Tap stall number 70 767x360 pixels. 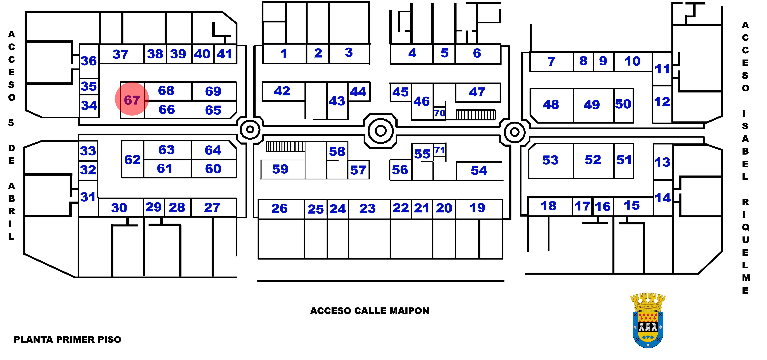tap(439, 113)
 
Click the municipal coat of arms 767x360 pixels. tap(648, 320)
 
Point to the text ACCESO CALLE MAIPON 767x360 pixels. tap(369, 311)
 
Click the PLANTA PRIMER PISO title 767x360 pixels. tap(68, 339)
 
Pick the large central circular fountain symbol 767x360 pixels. tap(381, 131)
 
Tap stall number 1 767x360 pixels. tap(284, 53)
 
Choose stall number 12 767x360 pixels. tap(662, 102)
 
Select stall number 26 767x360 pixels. tap(279, 208)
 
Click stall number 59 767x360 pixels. tap(280, 169)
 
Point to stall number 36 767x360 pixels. tap(89, 61)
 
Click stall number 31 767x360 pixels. tap(88, 197)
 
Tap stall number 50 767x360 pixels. tap(623, 104)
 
